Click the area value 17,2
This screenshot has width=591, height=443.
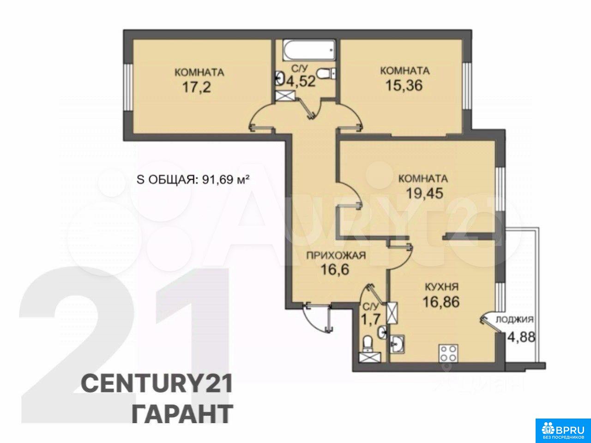tap(197, 87)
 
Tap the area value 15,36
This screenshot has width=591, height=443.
tap(404, 85)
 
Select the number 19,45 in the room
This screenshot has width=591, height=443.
tap(424, 193)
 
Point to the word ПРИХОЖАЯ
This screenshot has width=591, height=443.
tap(336, 255)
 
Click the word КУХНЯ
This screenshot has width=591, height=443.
tap(441, 287)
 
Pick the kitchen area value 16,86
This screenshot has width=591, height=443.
tap(441, 302)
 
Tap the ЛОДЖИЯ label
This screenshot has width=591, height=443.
tap(514, 319)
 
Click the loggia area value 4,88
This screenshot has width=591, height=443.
tap(521, 337)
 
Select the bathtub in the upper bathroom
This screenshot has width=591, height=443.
tap(309, 50)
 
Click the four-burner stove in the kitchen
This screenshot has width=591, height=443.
tap(449, 353)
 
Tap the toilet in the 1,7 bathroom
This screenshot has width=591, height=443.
tap(367, 345)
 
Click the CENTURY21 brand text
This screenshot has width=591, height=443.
tap(157, 384)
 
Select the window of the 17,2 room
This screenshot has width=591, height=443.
tap(128, 87)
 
